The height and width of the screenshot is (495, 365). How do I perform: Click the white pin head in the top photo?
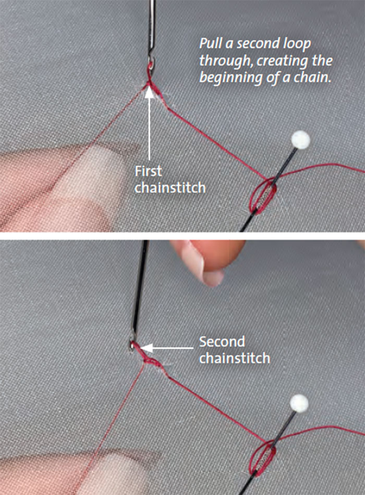tap(300, 140)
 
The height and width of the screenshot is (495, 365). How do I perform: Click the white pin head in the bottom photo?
tap(299, 403)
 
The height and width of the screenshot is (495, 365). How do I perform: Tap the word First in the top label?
tap(148, 171)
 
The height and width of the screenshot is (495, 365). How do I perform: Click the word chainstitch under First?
tap(170, 188)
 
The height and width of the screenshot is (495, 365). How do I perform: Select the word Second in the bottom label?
tap(222, 342)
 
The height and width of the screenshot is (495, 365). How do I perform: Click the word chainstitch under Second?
tap(235, 358)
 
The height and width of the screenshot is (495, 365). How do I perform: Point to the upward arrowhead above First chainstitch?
tap(150, 92)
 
